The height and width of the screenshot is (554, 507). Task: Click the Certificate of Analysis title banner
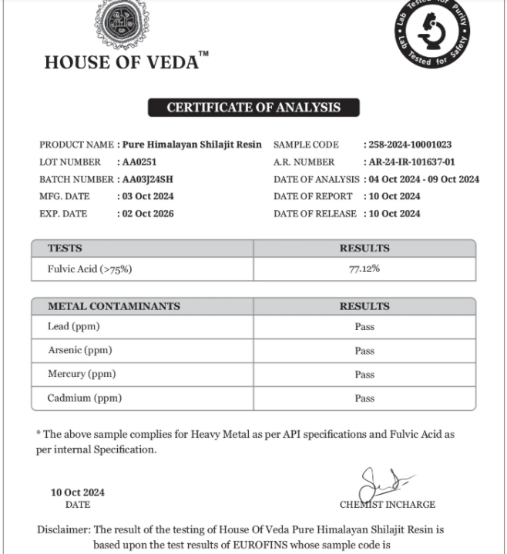(253, 108)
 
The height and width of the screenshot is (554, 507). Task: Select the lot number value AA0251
(139, 162)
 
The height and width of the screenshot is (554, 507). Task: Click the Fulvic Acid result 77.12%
(364, 269)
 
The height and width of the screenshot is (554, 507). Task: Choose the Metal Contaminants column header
(113, 306)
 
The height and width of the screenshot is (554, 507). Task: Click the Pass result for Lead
(364, 327)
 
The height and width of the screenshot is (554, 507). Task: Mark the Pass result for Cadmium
(364, 399)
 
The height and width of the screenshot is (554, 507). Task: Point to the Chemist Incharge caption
(387, 505)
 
